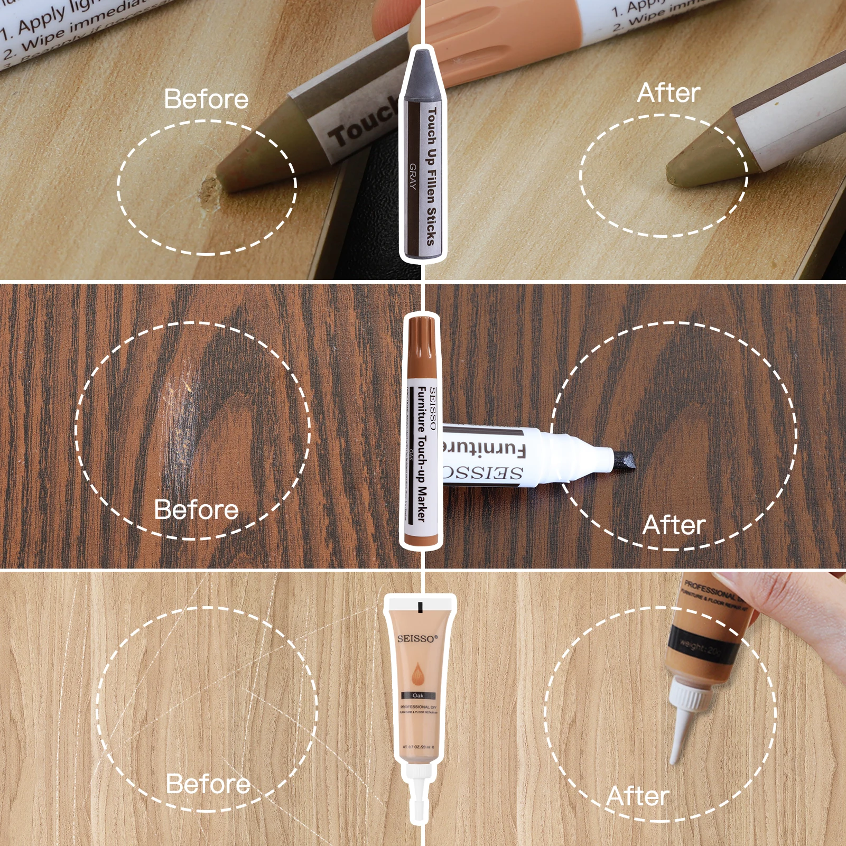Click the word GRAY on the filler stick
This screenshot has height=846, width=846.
(x=413, y=176)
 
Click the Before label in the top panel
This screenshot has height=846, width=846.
(x=206, y=99)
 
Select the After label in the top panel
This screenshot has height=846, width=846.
(x=668, y=93)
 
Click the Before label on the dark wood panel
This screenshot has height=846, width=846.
(x=196, y=510)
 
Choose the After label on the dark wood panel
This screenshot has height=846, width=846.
(x=674, y=525)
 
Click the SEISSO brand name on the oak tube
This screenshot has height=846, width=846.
(x=417, y=638)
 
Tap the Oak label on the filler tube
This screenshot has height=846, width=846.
(x=418, y=695)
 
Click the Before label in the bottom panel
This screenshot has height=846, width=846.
(x=208, y=784)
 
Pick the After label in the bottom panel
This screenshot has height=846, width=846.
(x=638, y=796)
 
